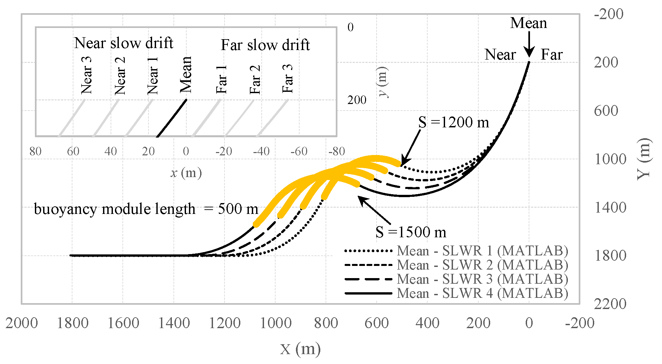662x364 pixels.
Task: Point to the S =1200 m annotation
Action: click(x=454, y=122)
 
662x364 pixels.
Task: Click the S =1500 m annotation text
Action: click(x=411, y=232)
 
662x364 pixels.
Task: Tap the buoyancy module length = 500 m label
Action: click(x=146, y=209)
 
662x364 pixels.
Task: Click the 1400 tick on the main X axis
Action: click(x=174, y=323)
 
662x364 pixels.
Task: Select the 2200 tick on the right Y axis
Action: click(x=610, y=304)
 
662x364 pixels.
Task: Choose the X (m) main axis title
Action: click(x=300, y=349)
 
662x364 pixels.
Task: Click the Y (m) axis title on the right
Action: click(x=644, y=159)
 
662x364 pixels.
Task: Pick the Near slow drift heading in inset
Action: click(x=123, y=43)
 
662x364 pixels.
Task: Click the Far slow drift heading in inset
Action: click(x=265, y=45)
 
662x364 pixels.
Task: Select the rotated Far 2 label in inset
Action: click(x=255, y=80)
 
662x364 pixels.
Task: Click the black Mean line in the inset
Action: click(x=172, y=118)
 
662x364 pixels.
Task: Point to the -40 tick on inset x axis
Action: click(x=261, y=151)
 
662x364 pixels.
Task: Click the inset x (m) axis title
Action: click(x=186, y=173)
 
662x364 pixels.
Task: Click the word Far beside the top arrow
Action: click(x=551, y=55)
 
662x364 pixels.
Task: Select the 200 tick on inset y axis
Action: click(x=357, y=100)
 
